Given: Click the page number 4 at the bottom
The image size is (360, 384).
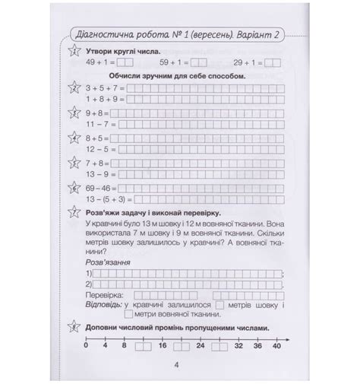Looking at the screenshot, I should pos(175,365).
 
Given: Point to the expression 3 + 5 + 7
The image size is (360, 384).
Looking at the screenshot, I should pos(100,89).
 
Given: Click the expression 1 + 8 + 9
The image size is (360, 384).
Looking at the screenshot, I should pos(100,99).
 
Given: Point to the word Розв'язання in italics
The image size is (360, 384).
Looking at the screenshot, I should pos(106,261).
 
